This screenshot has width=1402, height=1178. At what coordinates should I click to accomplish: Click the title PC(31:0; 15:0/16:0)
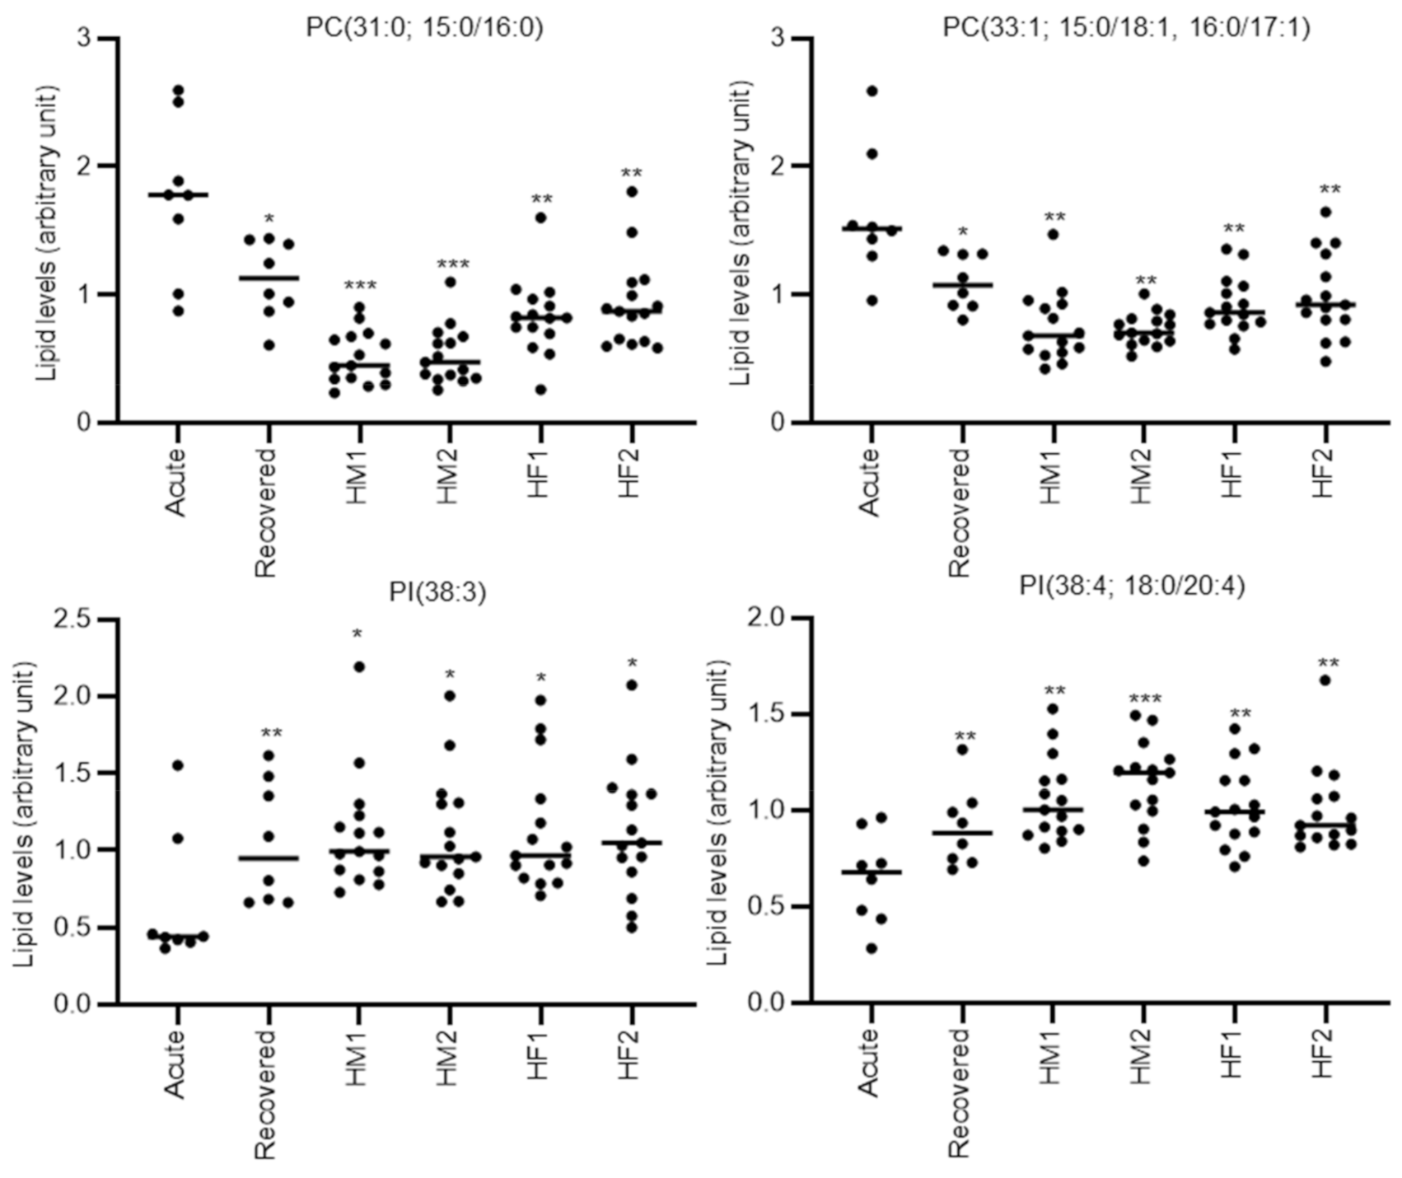(x=424, y=28)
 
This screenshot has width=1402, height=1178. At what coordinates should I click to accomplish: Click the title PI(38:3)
(x=437, y=592)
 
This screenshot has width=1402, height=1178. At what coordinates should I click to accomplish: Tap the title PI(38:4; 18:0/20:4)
(x=1132, y=586)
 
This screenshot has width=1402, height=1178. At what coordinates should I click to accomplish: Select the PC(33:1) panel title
(x=1126, y=28)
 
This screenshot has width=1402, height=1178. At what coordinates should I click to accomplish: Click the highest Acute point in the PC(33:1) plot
(x=872, y=91)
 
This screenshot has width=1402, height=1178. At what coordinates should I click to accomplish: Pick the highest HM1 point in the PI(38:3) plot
(x=359, y=666)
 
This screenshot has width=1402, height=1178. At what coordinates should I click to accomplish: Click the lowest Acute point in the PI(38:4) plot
(x=872, y=948)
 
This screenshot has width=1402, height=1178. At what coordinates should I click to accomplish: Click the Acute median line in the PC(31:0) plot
(x=177, y=195)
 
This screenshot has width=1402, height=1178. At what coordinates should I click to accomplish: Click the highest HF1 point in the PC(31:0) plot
(x=540, y=217)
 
